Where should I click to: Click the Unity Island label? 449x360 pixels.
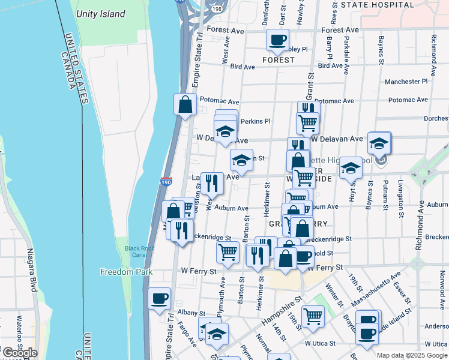point(100,14)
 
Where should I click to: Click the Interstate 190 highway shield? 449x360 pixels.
point(167,181)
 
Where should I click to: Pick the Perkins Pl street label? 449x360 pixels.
point(252,121)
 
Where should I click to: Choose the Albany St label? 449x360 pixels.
point(191,313)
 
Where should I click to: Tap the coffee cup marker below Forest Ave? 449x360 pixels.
point(277,41)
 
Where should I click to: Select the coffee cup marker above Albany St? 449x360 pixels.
point(159,299)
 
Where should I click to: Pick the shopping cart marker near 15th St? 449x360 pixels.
point(313,316)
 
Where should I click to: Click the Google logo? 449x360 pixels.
point(19,353)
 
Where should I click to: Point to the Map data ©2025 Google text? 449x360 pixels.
point(411,355)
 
